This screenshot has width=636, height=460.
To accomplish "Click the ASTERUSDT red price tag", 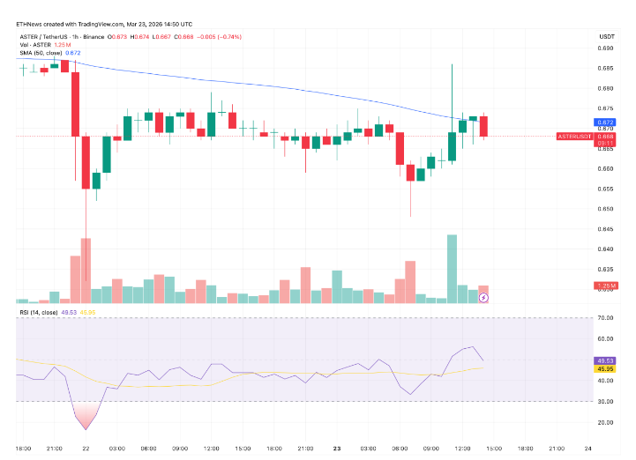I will coord(573,137).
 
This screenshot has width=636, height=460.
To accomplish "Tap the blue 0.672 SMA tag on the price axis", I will coord(605,122).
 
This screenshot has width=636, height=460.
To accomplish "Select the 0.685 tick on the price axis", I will coord(606,68).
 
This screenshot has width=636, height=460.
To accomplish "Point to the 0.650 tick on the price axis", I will coord(606,209).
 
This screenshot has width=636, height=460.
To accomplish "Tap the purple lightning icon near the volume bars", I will coord(483,298).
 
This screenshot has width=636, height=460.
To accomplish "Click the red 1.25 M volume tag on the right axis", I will coord(605,286).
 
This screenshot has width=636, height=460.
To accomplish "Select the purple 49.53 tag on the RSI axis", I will coord(605,360).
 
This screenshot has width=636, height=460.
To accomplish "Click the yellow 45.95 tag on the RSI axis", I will coord(605,369).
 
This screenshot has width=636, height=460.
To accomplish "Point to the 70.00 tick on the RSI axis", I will coord(605,317).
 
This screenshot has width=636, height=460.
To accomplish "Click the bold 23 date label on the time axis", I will coord(337,448).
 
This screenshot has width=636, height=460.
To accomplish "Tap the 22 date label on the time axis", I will coord(86,448).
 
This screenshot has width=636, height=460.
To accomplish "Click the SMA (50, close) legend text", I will coord(41,54).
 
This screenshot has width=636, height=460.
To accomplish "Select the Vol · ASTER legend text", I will coord(34,45).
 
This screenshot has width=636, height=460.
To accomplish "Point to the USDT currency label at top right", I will coord(606,35).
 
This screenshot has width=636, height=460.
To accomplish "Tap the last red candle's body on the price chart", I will coord(483,126).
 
